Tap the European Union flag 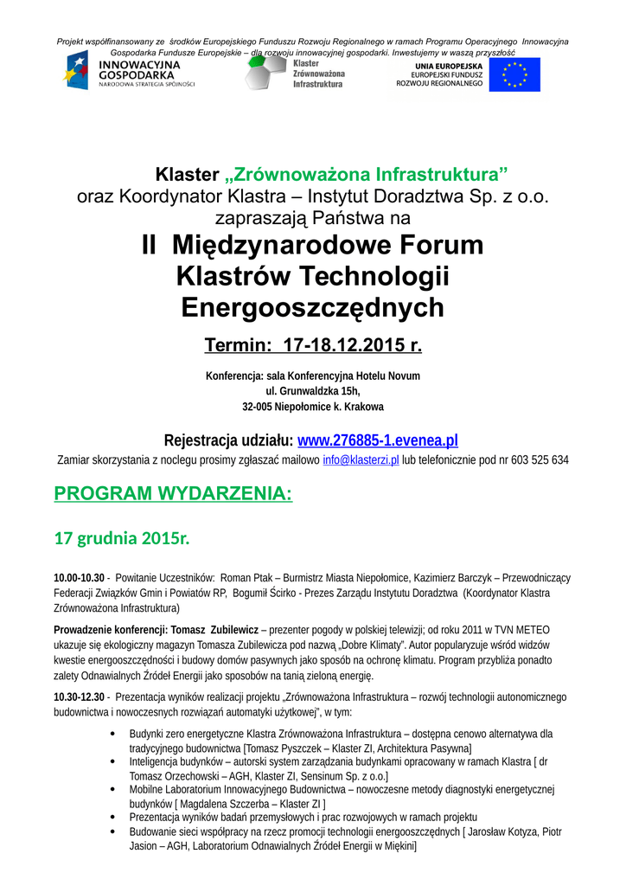tap(514, 75)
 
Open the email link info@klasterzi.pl tap(361, 460)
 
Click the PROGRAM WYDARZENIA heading tap(173, 494)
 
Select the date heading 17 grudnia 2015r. tap(121, 538)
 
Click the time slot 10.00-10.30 tap(79, 577)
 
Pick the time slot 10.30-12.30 tap(79, 697)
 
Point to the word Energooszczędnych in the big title tap(313, 307)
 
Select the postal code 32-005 tap(259, 407)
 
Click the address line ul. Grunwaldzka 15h tap(313, 391)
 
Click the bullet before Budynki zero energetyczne tap(116, 734)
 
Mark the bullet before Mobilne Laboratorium tap(116, 790)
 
